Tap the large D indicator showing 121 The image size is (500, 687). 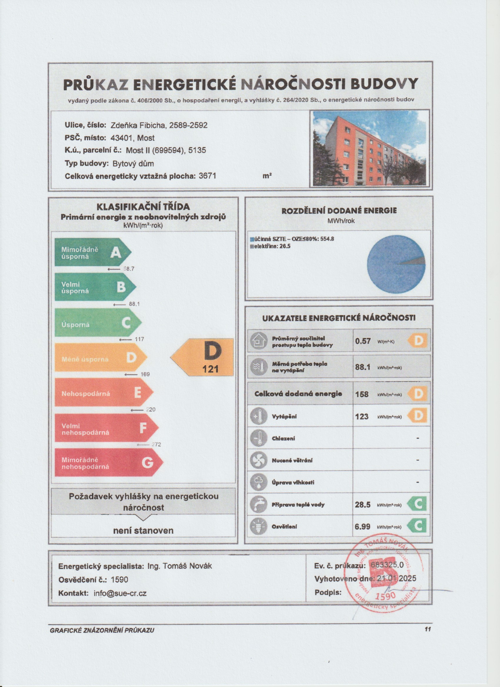point(203,357)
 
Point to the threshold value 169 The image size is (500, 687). point(145,374)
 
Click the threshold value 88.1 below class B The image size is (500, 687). point(134,304)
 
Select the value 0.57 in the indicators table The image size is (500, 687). point(363,341)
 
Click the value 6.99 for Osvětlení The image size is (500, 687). point(362,527)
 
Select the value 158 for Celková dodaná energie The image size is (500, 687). point(362,394)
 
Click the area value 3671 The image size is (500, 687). point(207,176)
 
